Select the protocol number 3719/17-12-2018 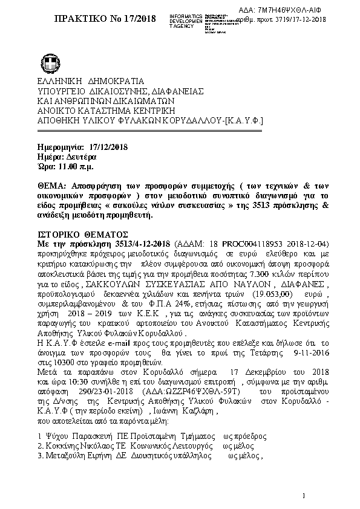tap(296, 20)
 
